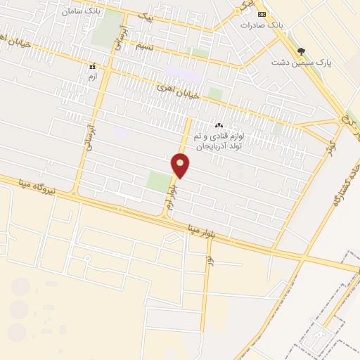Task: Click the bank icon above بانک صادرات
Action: pos(262,14)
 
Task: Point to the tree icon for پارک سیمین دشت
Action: pos(302,51)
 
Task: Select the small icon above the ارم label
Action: pos(92,66)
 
